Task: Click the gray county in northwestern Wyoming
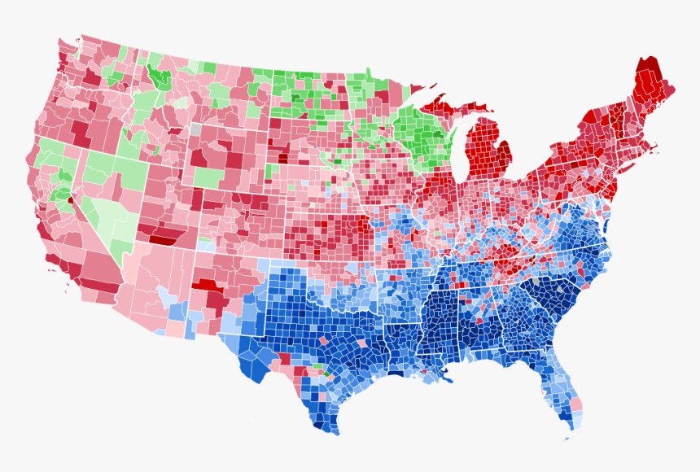point(195,129)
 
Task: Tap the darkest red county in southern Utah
point(164,238)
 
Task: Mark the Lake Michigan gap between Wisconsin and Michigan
point(456,155)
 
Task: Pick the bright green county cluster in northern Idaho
point(158,77)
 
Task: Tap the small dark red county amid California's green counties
point(70,198)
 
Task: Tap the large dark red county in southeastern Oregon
point(81,131)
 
